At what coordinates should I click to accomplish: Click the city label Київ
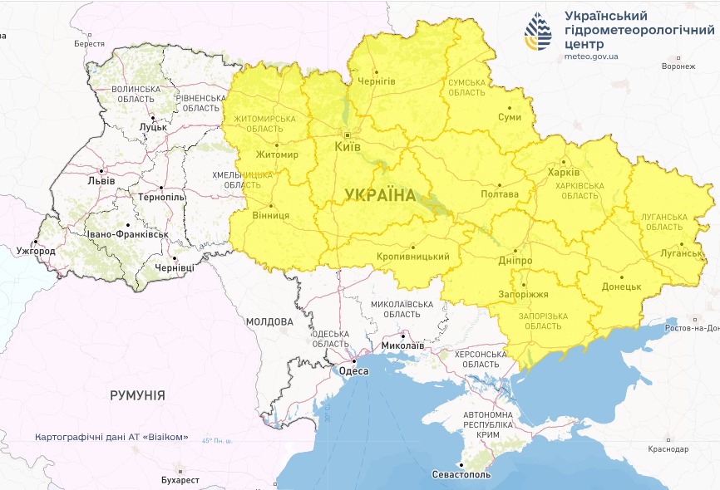347,146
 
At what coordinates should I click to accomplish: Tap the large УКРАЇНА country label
379,195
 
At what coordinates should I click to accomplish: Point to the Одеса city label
354,371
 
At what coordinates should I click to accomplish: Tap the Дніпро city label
515,260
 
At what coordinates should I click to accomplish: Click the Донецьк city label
621,287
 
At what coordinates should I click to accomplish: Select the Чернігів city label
376,81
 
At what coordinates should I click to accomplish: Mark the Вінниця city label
270,215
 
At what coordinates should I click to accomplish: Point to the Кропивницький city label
413,257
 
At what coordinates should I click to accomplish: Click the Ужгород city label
35,251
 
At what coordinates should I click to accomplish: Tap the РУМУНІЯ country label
137,395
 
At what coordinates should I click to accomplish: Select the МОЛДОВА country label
269,321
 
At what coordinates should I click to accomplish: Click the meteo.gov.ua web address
591,56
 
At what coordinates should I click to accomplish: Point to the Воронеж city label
677,66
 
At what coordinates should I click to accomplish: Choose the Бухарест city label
180,480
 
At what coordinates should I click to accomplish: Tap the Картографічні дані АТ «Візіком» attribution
111,438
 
